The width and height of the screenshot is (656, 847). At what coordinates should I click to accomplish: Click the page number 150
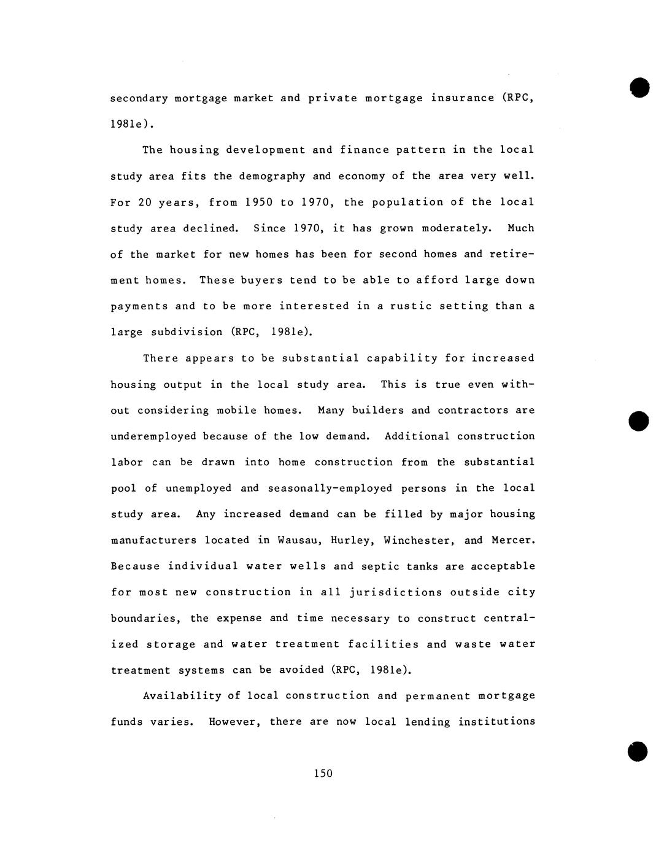tap(323, 773)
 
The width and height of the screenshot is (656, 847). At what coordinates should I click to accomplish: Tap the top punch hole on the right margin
tap(639, 87)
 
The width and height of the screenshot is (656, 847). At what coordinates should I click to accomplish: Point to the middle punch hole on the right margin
tap(639, 420)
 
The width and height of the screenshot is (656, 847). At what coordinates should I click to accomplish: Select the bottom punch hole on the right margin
tap(638, 751)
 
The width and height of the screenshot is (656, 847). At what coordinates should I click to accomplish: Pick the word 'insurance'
tap(462, 98)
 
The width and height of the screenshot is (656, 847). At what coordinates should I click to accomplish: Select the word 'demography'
tap(272, 176)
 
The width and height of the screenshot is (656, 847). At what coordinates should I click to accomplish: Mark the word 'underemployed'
tap(153, 436)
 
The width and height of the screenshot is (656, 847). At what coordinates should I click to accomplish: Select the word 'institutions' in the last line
tap(496, 722)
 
